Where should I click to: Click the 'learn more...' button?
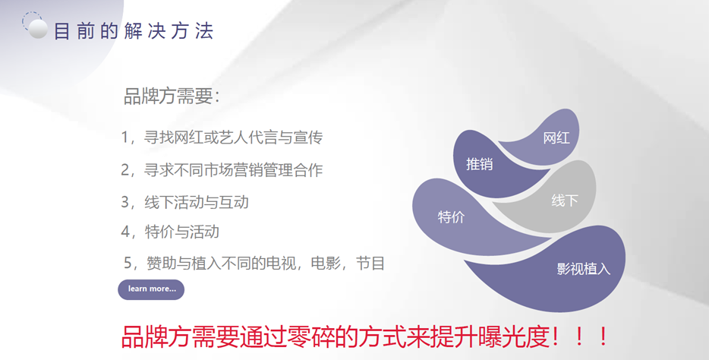pyautogui.click(x=151, y=289)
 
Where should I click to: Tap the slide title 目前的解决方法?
pyautogui.click(x=134, y=31)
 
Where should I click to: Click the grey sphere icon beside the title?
pyautogui.click(x=38, y=29)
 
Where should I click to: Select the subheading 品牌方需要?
pyautogui.click(x=172, y=96)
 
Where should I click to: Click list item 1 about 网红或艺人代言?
pyautogui.click(x=222, y=137)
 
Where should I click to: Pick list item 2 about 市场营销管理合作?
pyautogui.click(x=222, y=170)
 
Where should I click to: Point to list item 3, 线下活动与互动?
pyautogui.click(x=184, y=202)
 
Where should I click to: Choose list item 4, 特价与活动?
pyautogui.click(x=169, y=232)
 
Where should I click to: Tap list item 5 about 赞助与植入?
pyautogui.click(x=254, y=263)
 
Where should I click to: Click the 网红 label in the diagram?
pyautogui.click(x=556, y=138)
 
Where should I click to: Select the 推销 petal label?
pyautogui.click(x=479, y=164)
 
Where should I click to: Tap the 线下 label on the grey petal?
pyautogui.click(x=565, y=201)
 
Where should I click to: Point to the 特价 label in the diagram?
pyautogui.click(x=451, y=217)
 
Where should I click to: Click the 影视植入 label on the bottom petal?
pyautogui.click(x=583, y=269)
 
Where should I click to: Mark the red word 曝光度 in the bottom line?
pyautogui.click(x=513, y=337)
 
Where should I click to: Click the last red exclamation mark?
pyautogui.click(x=603, y=337)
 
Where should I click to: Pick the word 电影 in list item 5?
pyautogui.click(x=326, y=263)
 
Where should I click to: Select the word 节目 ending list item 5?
pyautogui.click(x=370, y=263)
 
